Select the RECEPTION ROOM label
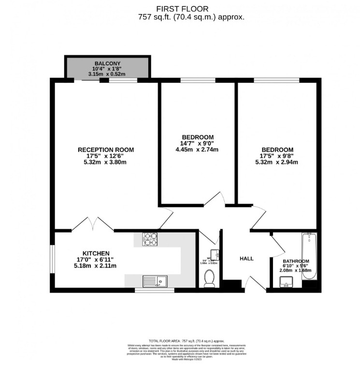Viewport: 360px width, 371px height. [106, 149]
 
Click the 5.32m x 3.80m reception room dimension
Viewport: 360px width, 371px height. [106, 163]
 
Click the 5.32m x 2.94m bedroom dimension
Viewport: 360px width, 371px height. [277, 162]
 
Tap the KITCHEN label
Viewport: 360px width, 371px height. [96, 253]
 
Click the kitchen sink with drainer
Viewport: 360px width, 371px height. [155, 281]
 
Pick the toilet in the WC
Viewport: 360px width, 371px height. [209, 279]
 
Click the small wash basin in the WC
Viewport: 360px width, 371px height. [217, 252]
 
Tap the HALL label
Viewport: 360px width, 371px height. [246, 258]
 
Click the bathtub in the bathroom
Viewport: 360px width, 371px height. [309, 256]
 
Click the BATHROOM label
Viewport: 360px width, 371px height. [296, 261]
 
